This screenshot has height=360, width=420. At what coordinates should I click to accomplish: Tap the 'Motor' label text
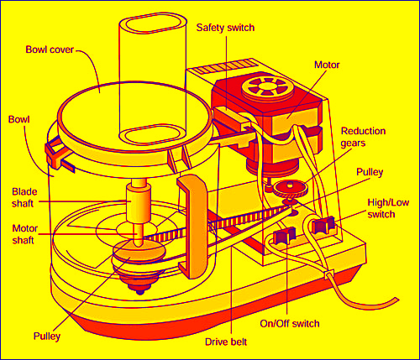click(x=327, y=63)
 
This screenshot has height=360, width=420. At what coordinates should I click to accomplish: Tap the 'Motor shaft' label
click(x=27, y=232)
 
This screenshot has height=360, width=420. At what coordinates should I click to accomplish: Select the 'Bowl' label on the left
click(x=18, y=120)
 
